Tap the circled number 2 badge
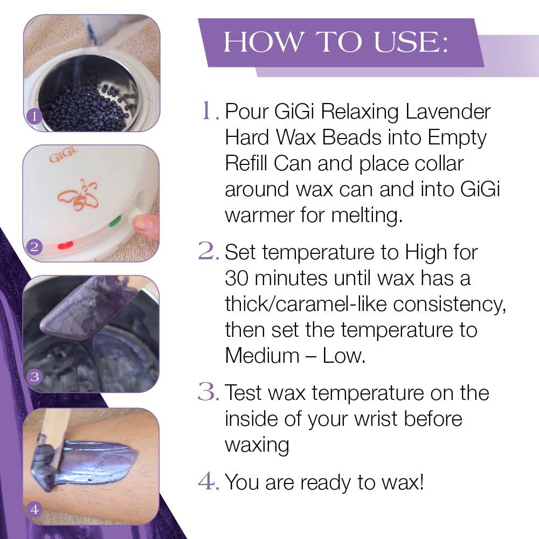34,247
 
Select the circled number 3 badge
34,377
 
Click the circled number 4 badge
34,508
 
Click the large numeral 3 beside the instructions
208,392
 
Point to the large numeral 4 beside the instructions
208,481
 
